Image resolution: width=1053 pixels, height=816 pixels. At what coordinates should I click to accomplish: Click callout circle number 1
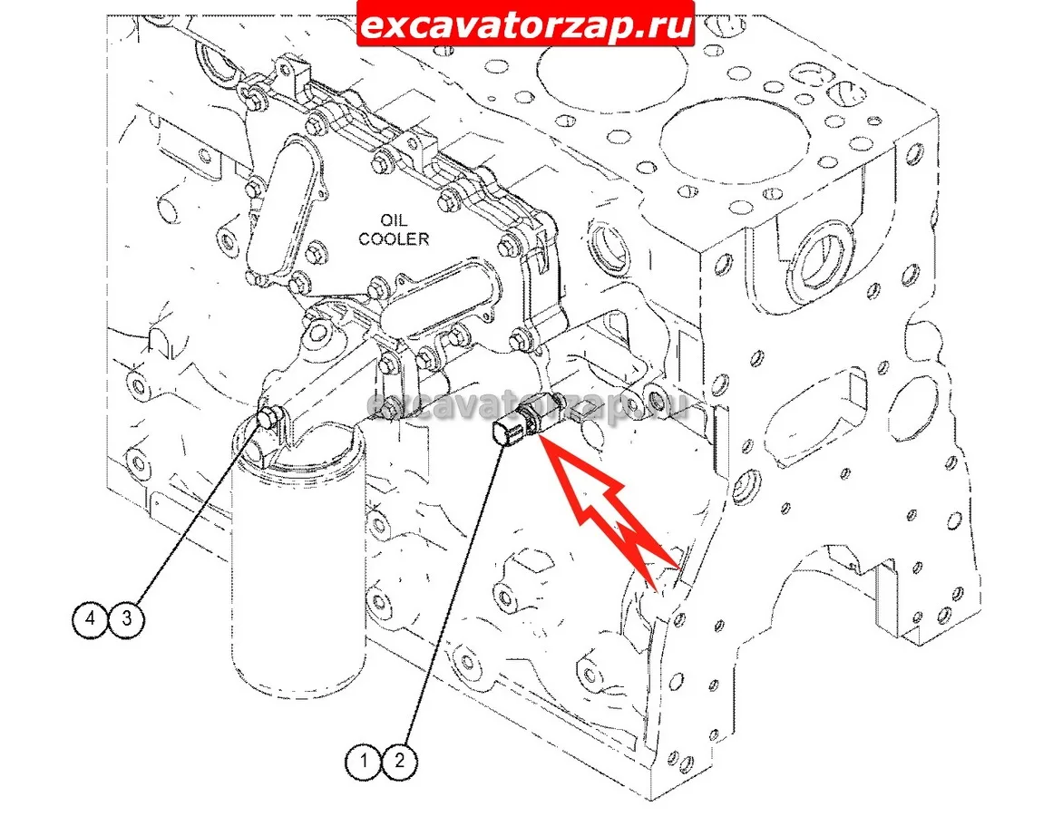tap(364, 761)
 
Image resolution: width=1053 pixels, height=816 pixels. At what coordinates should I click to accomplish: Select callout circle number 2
tap(400, 761)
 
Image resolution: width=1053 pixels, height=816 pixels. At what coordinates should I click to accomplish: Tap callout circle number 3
tap(127, 618)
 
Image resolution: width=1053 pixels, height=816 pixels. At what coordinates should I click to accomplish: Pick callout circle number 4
tap(91, 618)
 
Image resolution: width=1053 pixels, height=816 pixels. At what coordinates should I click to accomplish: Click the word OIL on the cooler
tap(394, 220)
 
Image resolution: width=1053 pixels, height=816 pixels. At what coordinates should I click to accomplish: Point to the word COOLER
tap(394, 238)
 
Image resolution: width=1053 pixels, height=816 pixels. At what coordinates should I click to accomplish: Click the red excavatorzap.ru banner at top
tap(525, 24)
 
